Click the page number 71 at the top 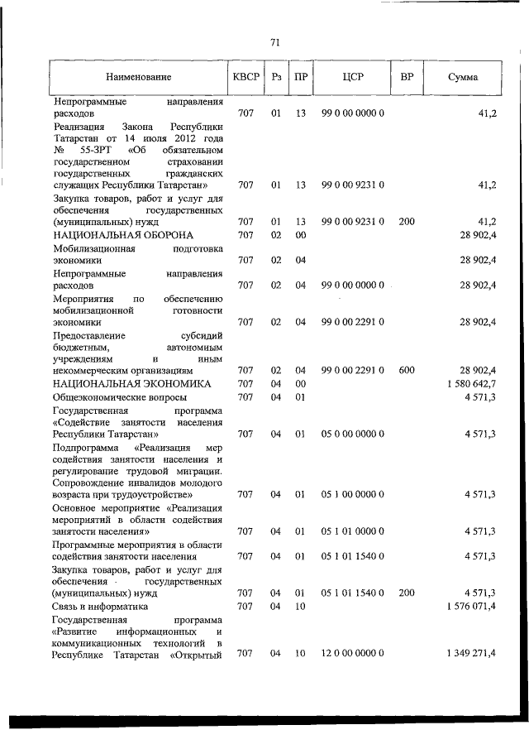coord(276,42)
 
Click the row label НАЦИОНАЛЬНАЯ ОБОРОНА coord(112,235)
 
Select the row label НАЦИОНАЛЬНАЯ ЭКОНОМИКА coord(120,384)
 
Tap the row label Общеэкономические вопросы coord(107,397)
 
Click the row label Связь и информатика coord(100,607)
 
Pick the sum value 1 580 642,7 coord(469,384)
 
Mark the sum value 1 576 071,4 coord(469,607)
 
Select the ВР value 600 coord(407,371)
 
